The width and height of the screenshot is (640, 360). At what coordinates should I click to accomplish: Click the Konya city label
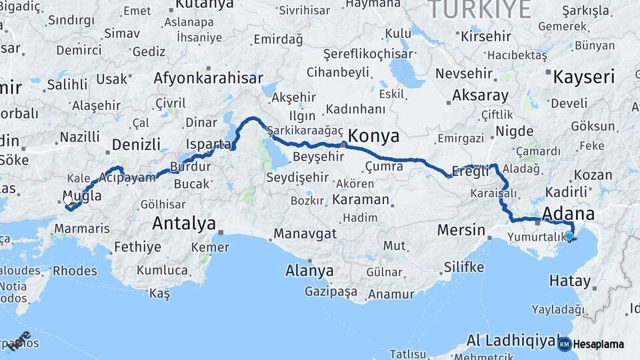click(374, 137)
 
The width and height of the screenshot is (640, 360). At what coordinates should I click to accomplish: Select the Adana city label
click(569, 215)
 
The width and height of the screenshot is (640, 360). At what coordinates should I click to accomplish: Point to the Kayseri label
click(583, 77)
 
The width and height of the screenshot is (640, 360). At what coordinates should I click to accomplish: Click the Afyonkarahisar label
click(208, 78)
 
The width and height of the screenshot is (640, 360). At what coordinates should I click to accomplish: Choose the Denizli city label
click(137, 145)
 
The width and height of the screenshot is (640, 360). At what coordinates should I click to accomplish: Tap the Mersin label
click(461, 230)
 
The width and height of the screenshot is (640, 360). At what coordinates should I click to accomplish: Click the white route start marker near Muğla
click(67, 200)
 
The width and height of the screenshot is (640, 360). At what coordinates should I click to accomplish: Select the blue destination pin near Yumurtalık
click(569, 236)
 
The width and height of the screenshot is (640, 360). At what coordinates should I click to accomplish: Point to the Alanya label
click(309, 271)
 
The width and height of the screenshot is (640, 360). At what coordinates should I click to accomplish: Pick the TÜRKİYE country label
click(479, 9)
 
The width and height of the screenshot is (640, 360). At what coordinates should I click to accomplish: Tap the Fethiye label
click(137, 247)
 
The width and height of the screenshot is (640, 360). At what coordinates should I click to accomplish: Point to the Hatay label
click(570, 281)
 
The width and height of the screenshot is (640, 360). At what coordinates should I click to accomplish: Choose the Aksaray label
click(480, 95)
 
